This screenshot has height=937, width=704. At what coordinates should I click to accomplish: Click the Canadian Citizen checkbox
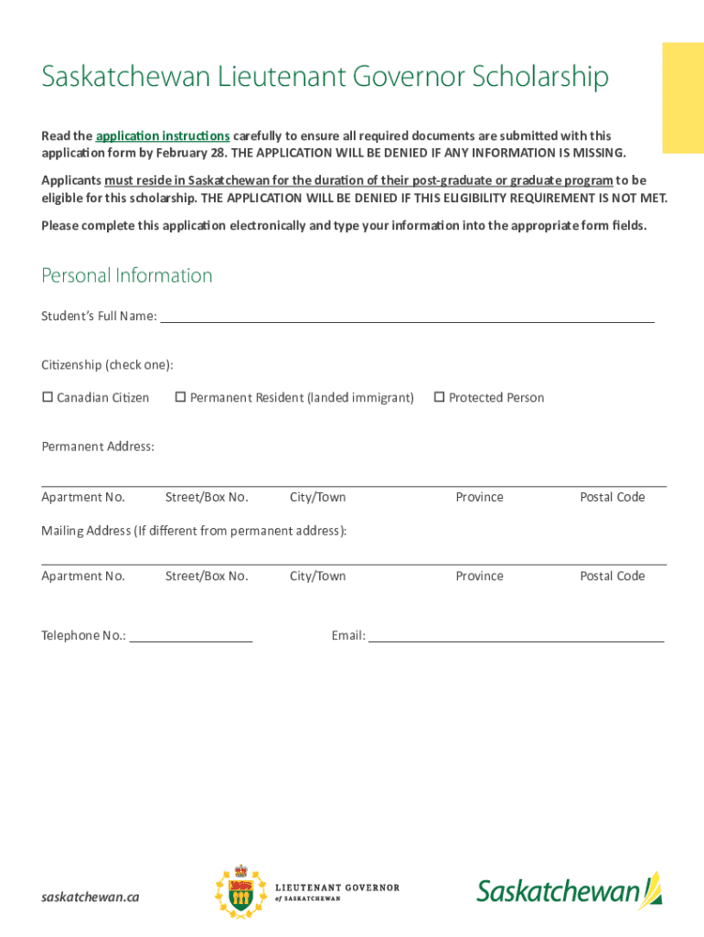tap(48, 397)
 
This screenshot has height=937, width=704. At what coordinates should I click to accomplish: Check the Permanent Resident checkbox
tap(180, 397)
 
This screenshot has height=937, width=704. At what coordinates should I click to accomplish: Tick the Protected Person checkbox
tap(439, 397)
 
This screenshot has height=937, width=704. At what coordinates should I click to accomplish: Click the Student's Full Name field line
tap(407, 317)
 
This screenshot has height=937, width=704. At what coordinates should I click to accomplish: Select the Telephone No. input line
tap(191, 636)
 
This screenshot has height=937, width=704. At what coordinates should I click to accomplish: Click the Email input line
tap(516, 636)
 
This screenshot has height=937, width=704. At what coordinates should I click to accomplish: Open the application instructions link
tap(163, 135)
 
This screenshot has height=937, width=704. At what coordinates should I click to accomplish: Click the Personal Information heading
tap(127, 275)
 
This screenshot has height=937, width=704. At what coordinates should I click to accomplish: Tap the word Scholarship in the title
tap(540, 78)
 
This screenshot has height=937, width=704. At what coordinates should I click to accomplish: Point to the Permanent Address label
tap(98, 447)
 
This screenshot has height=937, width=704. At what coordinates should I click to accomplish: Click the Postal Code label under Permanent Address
tap(612, 497)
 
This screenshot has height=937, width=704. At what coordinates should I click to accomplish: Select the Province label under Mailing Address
tap(479, 576)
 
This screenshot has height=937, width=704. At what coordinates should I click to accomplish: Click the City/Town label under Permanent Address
tap(317, 497)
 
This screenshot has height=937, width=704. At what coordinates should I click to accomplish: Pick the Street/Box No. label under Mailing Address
tap(207, 576)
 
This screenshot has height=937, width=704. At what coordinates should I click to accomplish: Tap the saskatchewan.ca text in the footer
tap(91, 897)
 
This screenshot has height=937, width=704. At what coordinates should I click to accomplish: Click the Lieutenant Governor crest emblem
tap(241, 892)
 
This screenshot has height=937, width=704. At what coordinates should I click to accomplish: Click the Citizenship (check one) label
tap(107, 365)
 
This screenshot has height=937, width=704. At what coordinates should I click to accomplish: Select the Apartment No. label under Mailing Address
tap(83, 576)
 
